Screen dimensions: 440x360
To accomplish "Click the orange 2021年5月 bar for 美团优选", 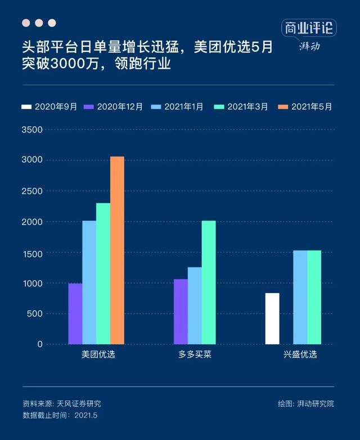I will tap(117, 250).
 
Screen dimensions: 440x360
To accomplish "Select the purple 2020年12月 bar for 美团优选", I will tap(75, 313).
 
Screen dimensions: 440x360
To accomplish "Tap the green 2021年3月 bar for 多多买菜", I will tap(208, 282).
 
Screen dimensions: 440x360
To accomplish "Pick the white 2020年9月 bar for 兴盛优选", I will tap(272, 318).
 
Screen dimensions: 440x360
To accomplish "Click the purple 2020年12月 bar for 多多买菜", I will tap(181, 311).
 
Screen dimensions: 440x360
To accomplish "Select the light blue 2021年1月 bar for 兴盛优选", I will tap(300, 297).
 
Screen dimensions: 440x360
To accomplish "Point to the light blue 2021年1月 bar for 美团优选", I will tap(89, 282).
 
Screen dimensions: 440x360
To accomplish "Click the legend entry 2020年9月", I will tap(49, 106).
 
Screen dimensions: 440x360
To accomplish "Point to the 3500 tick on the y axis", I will tap(32, 130).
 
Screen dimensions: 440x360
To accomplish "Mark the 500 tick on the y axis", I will tap(35, 313).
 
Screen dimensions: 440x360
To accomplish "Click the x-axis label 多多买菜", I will tap(195, 355).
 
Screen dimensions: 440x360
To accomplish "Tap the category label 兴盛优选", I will tap(300, 355).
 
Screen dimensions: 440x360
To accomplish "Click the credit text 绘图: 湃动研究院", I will tap(305, 403).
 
